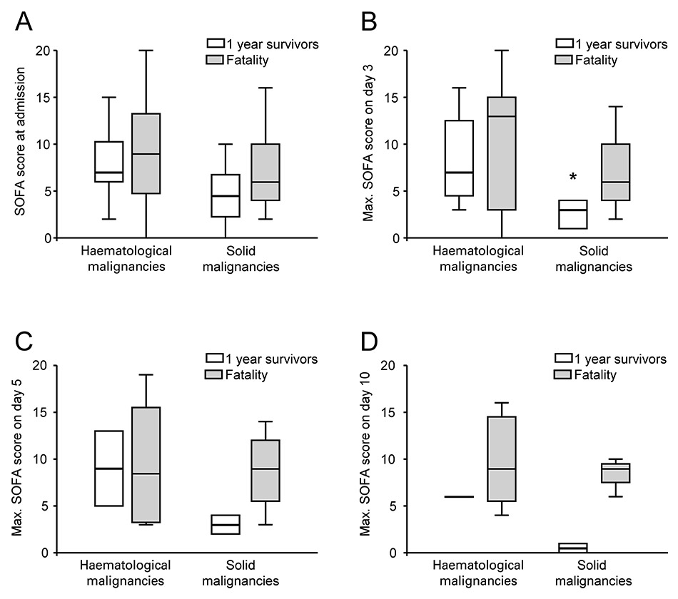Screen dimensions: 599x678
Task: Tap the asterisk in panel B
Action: pos(573,178)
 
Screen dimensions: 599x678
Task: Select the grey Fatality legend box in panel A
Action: pos(212,61)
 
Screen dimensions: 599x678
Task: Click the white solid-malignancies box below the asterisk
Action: pos(573,214)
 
